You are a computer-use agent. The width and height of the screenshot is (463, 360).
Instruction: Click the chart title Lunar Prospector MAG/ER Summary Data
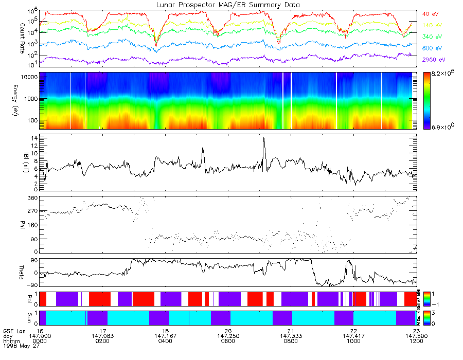(x=228, y=5)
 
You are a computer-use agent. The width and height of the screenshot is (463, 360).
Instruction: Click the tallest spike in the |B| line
(x=264, y=138)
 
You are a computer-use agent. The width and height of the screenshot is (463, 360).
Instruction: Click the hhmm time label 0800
(x=291, y=341)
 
